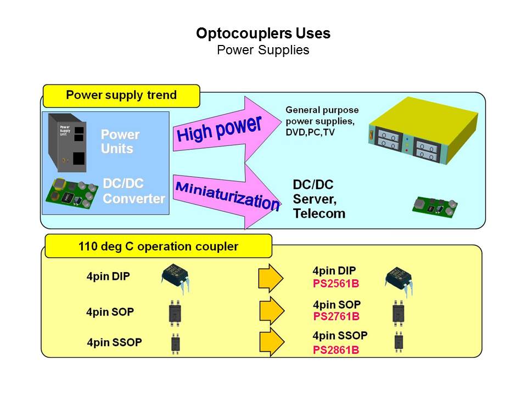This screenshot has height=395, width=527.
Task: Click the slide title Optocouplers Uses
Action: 263,33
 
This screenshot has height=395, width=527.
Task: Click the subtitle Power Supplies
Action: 263,50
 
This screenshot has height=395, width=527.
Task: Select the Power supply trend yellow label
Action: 121,95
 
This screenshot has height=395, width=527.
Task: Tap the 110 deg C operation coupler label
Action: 158,246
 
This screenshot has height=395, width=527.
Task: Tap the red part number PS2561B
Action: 335,283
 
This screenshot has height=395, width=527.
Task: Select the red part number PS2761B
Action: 336,317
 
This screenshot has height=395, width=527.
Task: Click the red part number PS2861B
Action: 336,350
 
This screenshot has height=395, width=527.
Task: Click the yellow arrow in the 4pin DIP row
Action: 271,278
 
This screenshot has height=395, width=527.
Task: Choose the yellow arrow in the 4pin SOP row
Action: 272,311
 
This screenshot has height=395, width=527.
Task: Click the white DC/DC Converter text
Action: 134,191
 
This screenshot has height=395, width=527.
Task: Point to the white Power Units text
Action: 120,142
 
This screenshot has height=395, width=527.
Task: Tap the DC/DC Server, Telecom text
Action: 319,199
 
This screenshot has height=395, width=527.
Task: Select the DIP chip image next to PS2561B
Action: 399,279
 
